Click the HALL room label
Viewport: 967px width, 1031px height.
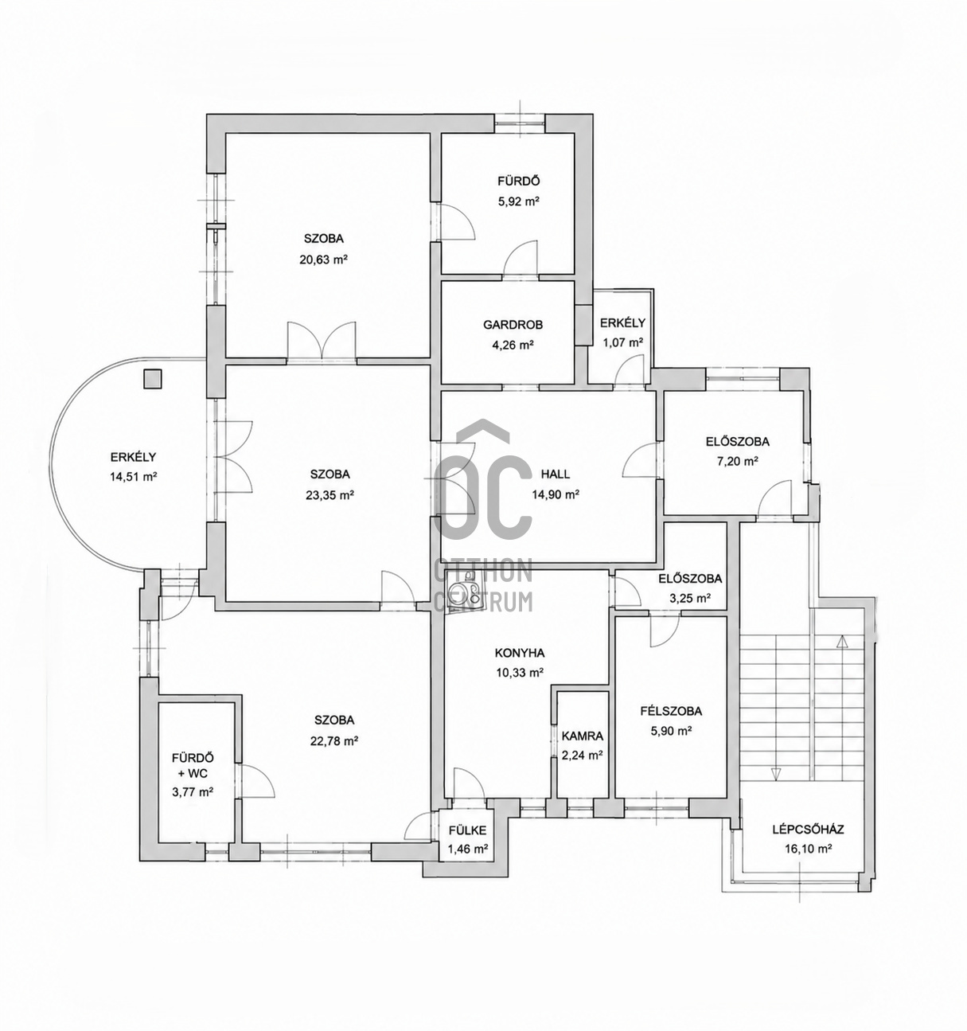point(555,474)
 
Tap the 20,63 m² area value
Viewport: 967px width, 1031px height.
point(323,260)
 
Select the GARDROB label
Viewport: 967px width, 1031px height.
point(513,325)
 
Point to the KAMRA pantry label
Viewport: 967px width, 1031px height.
point(583,736)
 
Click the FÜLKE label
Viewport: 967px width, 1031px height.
point(467,830)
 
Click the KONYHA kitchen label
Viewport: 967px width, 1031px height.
point(519,653)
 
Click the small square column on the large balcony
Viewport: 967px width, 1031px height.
point(153,379)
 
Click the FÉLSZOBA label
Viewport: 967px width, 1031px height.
point(671,711)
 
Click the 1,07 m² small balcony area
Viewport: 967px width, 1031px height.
point(622,342)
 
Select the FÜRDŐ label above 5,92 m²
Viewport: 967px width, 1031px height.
point(519,182)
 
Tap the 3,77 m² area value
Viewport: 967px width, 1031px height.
point(193,792)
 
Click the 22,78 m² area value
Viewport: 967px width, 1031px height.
point(334,741)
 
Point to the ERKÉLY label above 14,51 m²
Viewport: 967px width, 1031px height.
point(134,457)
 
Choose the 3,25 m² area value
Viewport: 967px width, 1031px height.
point(690,599)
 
